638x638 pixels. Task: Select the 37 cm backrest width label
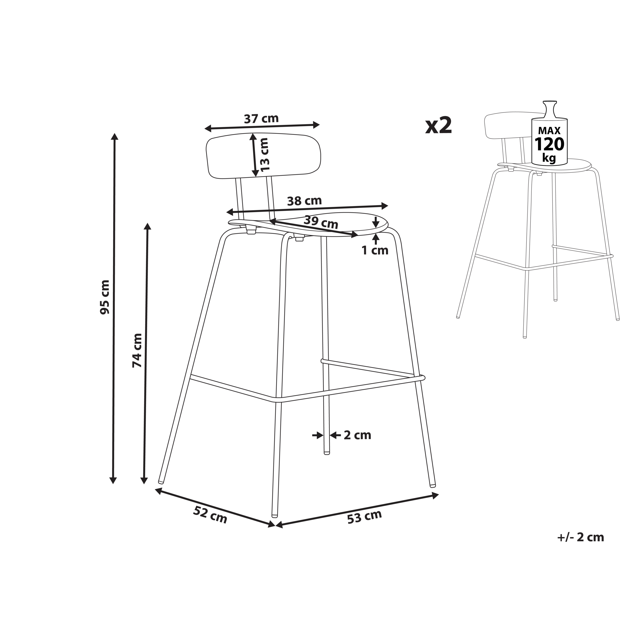[x=261, y=119]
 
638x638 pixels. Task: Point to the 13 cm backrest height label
[x=264, y=155]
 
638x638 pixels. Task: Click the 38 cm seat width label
[x=304, y=201]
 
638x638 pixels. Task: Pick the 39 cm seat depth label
[x=321, y=222]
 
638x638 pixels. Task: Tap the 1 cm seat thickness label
[x=375, y=250]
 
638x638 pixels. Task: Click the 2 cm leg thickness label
[x=357, y=435]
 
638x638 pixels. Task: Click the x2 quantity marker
[x=438, y=126]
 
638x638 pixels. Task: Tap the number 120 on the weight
[x=549, y=144]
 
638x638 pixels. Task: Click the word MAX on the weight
[x=549, y=130]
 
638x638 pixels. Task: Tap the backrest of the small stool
[x=505, y=126]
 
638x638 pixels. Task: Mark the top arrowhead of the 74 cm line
[x=148, y=227]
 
